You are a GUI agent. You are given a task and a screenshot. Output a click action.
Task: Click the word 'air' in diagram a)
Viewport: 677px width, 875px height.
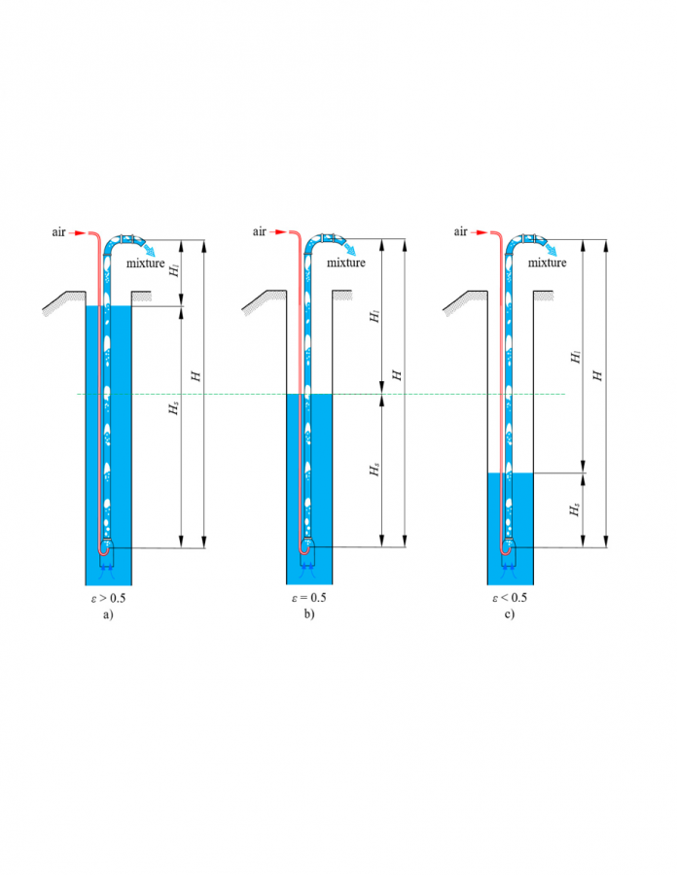tap(58, 232)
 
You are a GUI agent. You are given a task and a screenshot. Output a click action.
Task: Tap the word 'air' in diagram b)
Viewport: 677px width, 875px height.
tap(260, 231)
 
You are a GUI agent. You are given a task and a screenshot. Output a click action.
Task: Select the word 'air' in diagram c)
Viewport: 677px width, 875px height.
tap(460, 231)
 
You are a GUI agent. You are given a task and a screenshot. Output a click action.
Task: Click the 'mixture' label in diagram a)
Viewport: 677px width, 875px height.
tap(145, 262)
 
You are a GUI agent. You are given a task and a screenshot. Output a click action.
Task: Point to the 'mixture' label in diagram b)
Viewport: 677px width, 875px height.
tap(346, 262)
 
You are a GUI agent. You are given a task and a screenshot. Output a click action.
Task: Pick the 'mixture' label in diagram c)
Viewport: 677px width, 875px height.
tap(547, 262)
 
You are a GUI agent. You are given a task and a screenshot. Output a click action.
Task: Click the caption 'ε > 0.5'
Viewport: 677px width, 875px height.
tap(108, 598)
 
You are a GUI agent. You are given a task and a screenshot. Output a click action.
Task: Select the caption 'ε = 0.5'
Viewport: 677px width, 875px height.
tap(308, 598)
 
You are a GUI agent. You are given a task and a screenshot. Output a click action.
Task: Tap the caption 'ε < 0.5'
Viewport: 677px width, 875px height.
tap(510, 598)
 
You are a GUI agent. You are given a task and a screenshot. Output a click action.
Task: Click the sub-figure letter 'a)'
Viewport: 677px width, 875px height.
tap(108, 615)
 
